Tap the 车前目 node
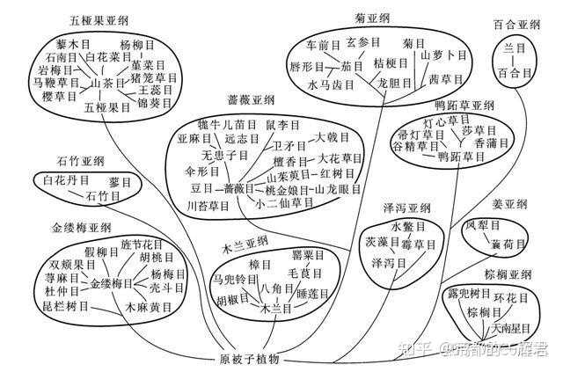[323, 44]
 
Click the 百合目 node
[513, 72]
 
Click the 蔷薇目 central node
[238, 188]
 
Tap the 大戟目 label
[333, 139]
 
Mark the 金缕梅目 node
[111, 283]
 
